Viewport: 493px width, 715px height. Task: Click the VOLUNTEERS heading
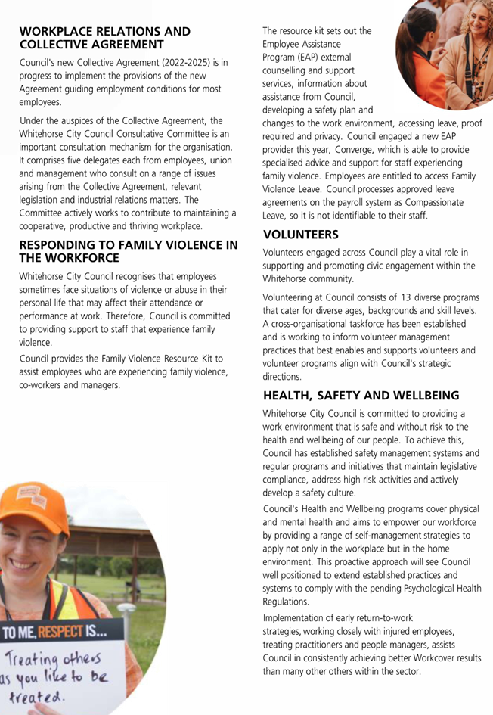click(301, 235)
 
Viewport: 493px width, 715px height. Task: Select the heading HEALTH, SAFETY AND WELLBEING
click(361, 396)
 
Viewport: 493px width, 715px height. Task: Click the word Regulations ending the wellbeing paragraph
click(286, 602)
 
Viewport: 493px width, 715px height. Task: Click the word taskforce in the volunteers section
click(378, 324)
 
